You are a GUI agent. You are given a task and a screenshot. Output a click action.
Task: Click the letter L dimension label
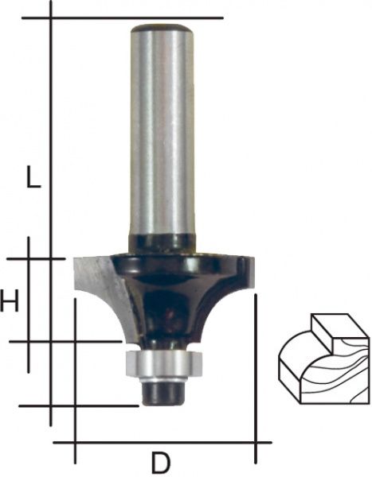point(33,176)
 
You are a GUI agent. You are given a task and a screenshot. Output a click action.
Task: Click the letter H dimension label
point(9,301)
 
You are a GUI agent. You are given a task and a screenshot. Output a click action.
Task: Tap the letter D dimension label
point(161,462)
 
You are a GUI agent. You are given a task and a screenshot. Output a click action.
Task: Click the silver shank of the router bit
point(162,131)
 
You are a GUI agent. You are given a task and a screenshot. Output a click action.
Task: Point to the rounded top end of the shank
point(162,28)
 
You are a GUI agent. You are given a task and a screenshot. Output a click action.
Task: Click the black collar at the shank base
point(162,243)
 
